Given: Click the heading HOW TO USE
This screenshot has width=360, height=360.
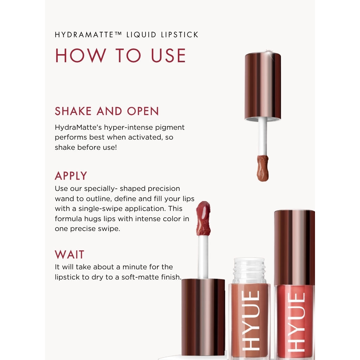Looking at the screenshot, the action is pos(120,56).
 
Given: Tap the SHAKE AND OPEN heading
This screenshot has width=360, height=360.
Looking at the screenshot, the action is pos(107,111).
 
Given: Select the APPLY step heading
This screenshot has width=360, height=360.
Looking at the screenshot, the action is pos(71,176).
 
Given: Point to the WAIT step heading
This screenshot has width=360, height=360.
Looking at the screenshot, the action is pos(69,255).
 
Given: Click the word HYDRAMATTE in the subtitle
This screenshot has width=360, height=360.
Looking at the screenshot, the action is pos(84,35).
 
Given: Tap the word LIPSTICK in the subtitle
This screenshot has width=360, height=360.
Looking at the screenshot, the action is pos(180,35).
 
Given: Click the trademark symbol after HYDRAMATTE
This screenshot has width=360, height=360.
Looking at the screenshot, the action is pos(118,33).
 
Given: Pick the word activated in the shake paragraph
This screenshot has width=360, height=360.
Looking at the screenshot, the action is pos(145,137).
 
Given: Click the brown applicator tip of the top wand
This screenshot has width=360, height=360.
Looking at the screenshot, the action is pos(263,168).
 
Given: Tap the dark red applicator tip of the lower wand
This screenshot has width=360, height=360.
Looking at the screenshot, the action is pos(204,218).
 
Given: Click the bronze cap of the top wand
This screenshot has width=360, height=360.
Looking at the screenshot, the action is pos(263,86).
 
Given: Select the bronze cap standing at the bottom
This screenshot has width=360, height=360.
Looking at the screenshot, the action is pos(203,317).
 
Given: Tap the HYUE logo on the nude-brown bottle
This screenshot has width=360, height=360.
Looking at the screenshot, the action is pos(251,321).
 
